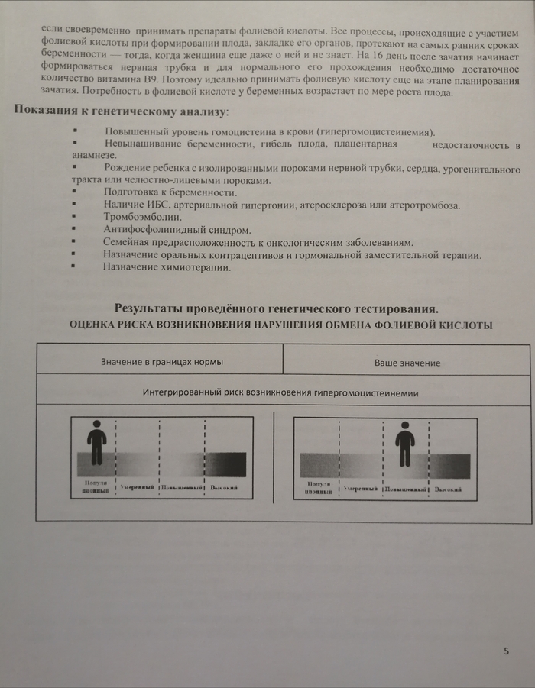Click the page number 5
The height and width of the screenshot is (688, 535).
pos(506,651)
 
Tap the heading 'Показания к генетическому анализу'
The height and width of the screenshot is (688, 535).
pos(121,112)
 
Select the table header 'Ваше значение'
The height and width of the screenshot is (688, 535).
pos(407,363)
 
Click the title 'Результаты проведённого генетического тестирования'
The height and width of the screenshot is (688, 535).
pos(276,308)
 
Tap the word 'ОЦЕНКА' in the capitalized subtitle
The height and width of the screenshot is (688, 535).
pos(94,325)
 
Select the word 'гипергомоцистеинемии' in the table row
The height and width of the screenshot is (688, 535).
pos(370,393)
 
